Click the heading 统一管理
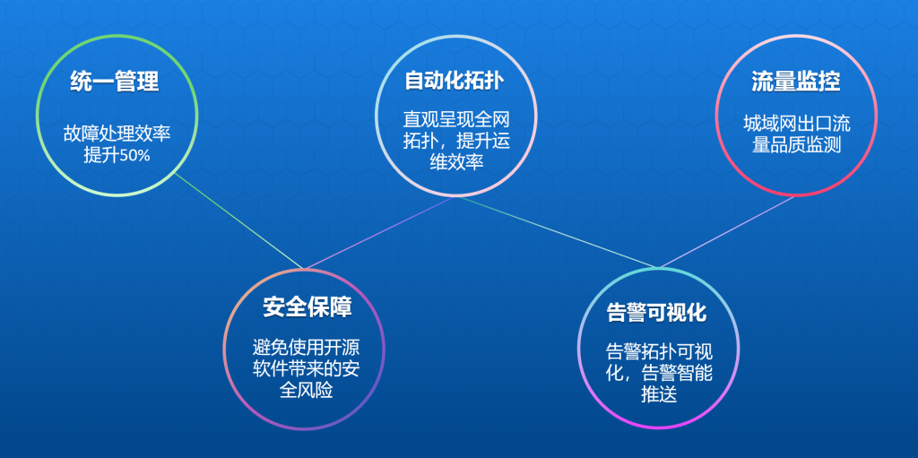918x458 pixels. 114,82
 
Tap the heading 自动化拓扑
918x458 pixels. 455,81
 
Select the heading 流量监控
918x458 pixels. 796,82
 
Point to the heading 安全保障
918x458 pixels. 307,307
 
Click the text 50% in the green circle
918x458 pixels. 134,156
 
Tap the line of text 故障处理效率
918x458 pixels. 117,134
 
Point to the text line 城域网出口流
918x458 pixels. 797,124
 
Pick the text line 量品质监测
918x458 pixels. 797,144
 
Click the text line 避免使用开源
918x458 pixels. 307,349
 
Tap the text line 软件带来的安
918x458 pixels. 307,369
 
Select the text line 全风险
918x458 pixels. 307,391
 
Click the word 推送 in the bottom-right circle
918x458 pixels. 659,394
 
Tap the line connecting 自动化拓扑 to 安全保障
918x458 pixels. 379,232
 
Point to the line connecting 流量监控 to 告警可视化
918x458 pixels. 726,231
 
